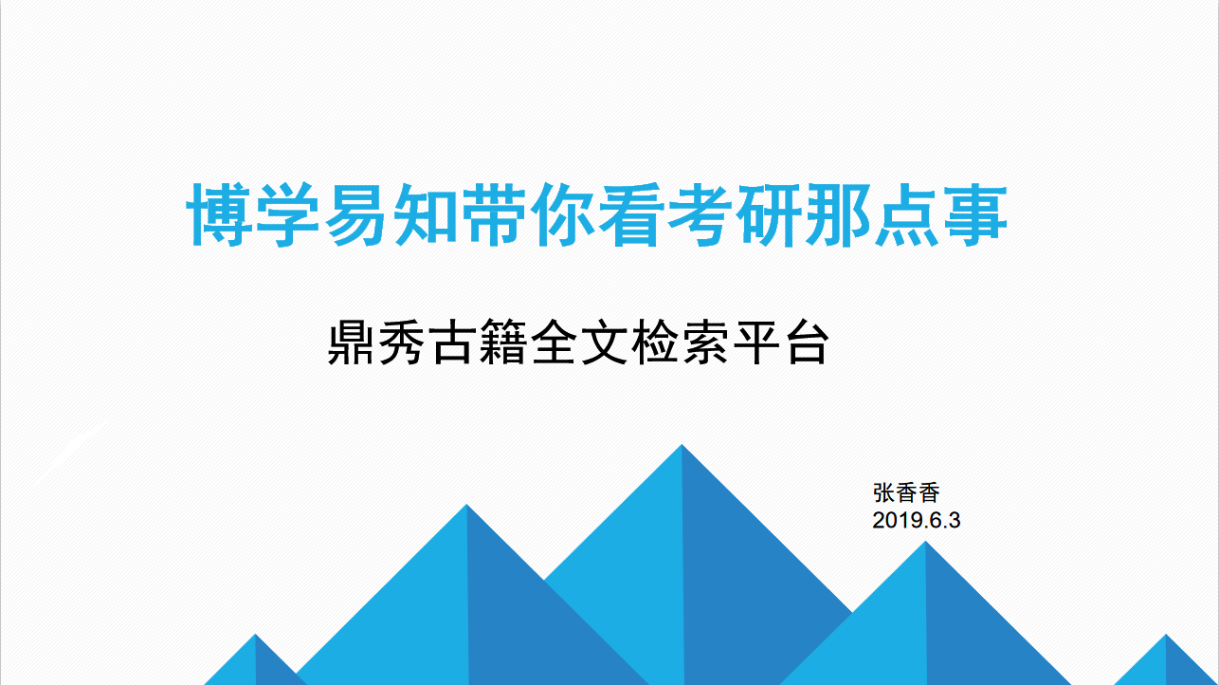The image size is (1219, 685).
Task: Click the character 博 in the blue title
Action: [x=219, y=214]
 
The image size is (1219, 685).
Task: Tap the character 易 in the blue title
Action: [x=356, y=214]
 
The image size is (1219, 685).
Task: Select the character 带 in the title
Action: [x=494, y=214]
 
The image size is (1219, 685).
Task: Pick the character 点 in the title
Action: [x=906, y=214]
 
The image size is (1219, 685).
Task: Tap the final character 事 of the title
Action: [x=975, y=214]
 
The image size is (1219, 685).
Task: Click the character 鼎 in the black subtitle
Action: [x=351, y=342]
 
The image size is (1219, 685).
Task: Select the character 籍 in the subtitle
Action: [x=501, y=342]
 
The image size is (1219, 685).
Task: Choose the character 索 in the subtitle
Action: [x=704, y=342]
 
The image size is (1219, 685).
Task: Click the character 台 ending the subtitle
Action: [x=806, y=342]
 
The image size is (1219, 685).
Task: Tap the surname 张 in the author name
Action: [x=883, y=492]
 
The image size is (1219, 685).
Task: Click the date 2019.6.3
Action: [x=917, y=521]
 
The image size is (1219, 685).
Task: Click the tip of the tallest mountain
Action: [x=682, y=445]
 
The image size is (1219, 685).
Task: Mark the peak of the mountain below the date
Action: [x=926, y=542]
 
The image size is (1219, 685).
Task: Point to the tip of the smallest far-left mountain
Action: [x=255, y=635]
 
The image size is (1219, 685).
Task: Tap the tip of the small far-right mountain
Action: [x=1166, y=635]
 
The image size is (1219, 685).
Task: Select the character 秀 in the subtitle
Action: [x=401, y=342]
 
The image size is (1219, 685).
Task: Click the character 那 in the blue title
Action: [x=838, y=214]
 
